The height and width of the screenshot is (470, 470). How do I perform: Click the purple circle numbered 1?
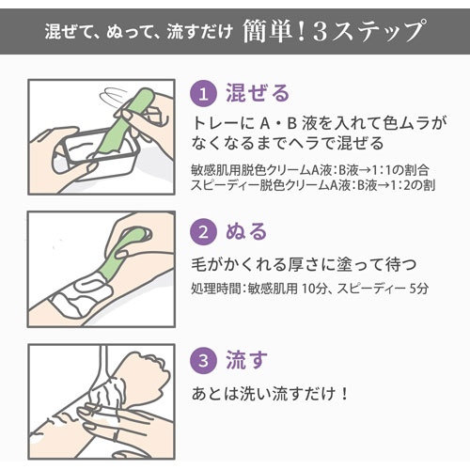pyautogui.click(x=205, y=93)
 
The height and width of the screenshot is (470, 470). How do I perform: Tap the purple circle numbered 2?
pyautogui.click(x=205, y=231)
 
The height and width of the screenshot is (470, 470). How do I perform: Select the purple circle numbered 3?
pyautogui.click(x=205, y=359)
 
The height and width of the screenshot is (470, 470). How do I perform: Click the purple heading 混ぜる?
pyautogui.click(x=257, y=93)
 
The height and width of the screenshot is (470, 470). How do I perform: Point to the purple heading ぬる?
pyautogui.click(x=247, y=231)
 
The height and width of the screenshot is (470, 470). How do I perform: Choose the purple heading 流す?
pyautogui.click(x=246, y=359)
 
